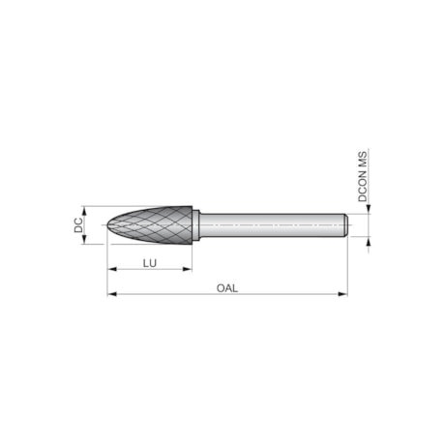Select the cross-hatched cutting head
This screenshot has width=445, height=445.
point(155,224)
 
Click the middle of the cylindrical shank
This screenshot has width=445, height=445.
point(271,224)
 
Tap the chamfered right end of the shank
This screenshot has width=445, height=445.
point(343,224)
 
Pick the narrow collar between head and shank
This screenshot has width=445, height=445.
point(196,224)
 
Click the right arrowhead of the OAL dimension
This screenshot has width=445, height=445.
point(342,293)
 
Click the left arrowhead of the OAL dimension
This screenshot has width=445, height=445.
point(111,293)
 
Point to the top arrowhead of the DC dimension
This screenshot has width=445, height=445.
point(87,209)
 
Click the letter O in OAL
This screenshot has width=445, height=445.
point(221,287)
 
